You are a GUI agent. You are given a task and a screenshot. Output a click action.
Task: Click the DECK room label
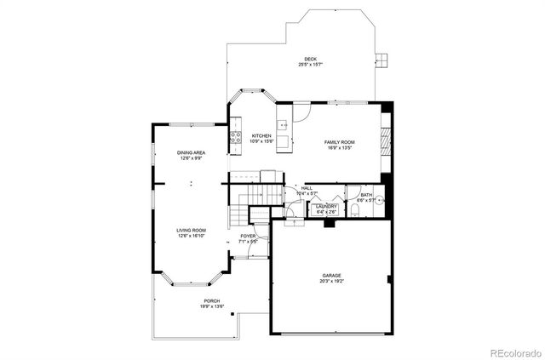(300, 58)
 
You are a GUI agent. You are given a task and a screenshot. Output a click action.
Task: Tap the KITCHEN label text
(261, 136)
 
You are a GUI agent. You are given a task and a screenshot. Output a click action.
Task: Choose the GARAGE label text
(331, 276)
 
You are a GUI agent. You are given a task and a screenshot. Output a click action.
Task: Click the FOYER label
(248, 236)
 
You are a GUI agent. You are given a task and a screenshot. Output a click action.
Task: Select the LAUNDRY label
(326, 206)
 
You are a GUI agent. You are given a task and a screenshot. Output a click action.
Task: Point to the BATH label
(366, 195)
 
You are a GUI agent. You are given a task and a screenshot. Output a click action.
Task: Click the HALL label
(307, 188)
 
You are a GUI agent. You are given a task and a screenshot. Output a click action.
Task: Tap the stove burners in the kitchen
(234, 137)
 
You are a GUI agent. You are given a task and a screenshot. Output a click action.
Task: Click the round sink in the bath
(381, 201)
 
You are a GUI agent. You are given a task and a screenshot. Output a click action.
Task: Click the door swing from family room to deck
(302, 110)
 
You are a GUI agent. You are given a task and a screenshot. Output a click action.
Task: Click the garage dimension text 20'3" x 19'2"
(331, 282)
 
